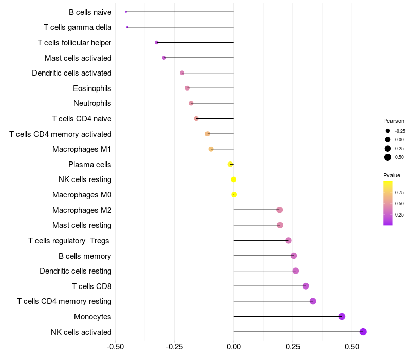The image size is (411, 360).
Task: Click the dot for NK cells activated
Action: coord(363,332)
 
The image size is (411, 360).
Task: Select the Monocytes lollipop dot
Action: coord(342,316)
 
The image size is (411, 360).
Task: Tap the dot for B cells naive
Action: coord(126,12)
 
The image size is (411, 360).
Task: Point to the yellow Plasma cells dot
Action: coord(230,164)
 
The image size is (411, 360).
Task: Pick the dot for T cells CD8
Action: coord(306,286)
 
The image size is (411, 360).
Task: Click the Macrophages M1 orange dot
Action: coord(211,149)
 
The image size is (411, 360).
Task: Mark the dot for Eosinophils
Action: coord(187,88)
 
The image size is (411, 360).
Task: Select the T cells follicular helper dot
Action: coord(157,42)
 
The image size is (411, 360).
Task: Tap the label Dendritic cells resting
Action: coord(76,271)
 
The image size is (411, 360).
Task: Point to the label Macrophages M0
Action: coord(82,195)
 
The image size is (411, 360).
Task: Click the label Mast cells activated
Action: coord(78,58)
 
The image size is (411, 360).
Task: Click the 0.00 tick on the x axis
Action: coord(234,347)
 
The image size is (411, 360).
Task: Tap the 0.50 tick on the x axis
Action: coord(352,347)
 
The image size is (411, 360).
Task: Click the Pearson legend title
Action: coord(394,121)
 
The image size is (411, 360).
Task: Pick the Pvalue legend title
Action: coord(391,175)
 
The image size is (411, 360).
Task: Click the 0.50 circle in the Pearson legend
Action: coord(388,157)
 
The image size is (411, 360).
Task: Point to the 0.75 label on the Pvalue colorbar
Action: coord(399,193)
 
